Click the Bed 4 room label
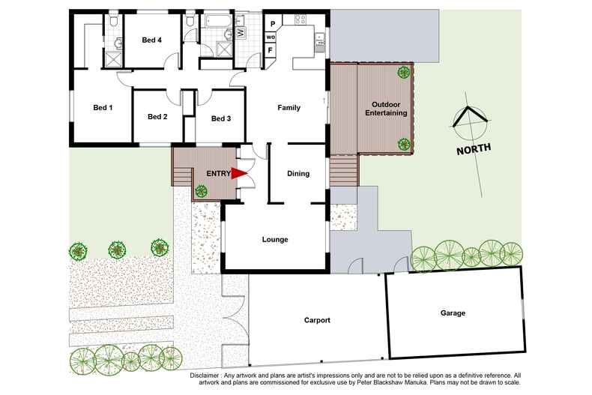(151, 40)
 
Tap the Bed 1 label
(103, 108)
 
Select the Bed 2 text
(157, 116)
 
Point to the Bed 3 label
(220, 118)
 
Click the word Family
(289, 108)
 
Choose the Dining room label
(298, 174)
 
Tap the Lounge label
(275, 240)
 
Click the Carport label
(318, 320)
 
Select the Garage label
(453, 313)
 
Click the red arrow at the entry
(238, 174)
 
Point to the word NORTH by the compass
(474, 149)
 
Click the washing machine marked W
(241, 32)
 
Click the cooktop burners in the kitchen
(320, 40)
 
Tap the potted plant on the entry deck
(201, 191)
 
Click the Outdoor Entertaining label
(386, 108)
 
